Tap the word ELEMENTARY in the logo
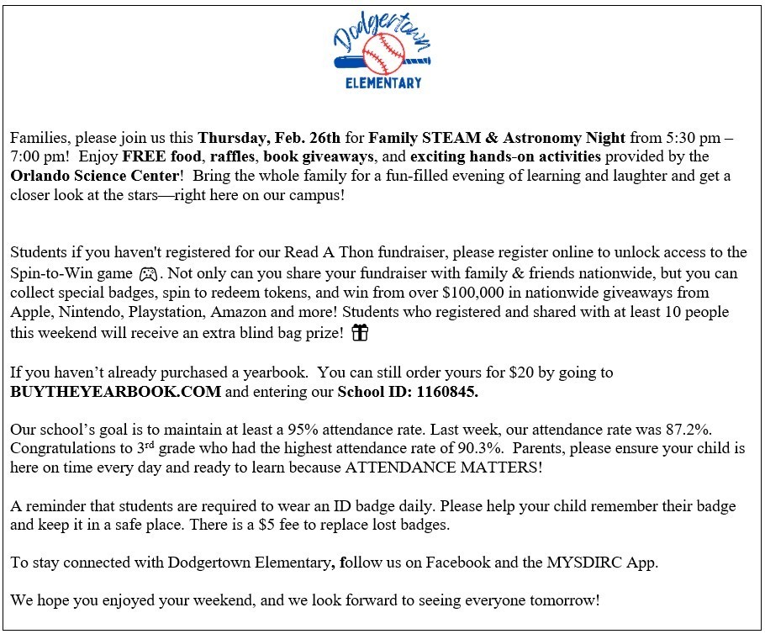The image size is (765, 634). (383, 82)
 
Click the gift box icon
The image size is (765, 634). (360, 333)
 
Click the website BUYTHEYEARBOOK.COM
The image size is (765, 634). (116, 391)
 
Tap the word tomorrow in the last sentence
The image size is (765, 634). (564, 601)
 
